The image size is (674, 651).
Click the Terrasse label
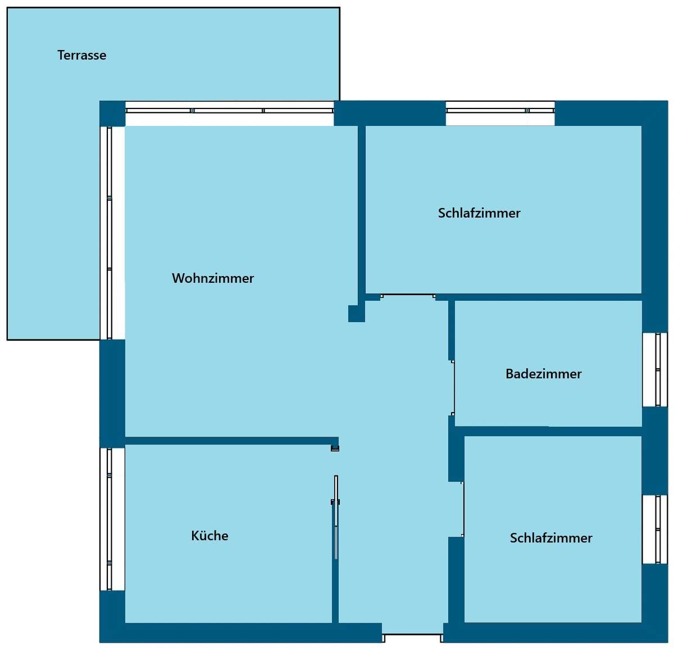[x=82, y=55]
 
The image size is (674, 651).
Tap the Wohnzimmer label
[x=213, y=278]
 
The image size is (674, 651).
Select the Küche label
[x=210, y=536]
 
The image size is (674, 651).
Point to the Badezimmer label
[x=543, y=374]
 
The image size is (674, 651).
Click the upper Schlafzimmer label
[x=479, y=213]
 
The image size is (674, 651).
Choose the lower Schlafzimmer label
[x=550, y=538]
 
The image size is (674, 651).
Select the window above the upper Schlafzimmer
[x=500, y=113]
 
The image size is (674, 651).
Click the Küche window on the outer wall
[x=112, y=519]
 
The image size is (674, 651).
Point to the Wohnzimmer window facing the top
[x=229, y=113]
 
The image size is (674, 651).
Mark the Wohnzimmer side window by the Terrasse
[x=112, y=233]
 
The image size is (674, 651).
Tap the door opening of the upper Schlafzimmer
[x=408, y=296]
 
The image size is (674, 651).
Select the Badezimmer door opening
[x=452, y=387]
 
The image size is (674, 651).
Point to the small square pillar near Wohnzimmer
[x=357, y=313]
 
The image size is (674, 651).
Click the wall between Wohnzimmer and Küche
[x=231, y=441]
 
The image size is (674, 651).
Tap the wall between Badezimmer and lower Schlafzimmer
[x=549, y=431]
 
